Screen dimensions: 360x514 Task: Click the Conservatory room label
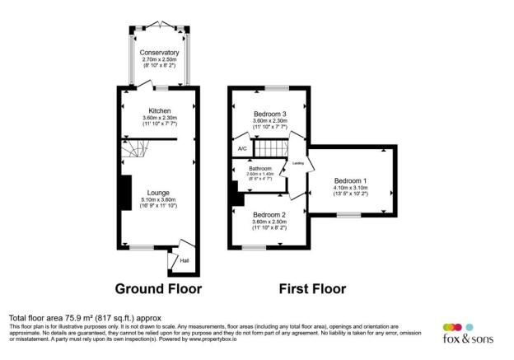(x=159, y=53)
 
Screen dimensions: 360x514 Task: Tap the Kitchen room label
(x=159, y=110)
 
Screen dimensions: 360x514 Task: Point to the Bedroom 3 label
(x=270, y=114)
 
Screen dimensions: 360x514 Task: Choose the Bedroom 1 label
(x=351, y=180)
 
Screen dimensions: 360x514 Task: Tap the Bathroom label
(x=259, y=169)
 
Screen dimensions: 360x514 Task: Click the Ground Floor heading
(x=158, y=288)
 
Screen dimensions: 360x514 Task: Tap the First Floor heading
(x=311, y=288)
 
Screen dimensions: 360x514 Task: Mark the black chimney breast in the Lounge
(x=124, y=194)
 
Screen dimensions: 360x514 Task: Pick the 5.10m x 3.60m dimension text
(x=159, y=200)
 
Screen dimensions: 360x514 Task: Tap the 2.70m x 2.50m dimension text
(x=159, y=60)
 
